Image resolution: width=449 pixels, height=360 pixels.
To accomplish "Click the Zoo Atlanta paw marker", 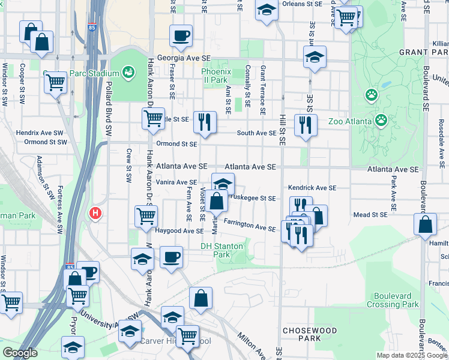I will point(381,121).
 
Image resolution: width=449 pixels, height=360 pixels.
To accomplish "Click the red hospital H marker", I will point(94,213).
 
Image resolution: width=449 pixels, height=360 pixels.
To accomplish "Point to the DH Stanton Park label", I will point(221,250).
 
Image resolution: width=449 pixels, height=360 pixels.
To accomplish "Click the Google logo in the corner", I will point(20,353).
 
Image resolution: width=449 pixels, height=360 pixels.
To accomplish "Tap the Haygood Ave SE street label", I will point(180,230).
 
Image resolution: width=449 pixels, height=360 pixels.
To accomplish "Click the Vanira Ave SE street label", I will point(176,182).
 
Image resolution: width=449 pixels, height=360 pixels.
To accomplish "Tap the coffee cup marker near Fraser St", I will point(181,36).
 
